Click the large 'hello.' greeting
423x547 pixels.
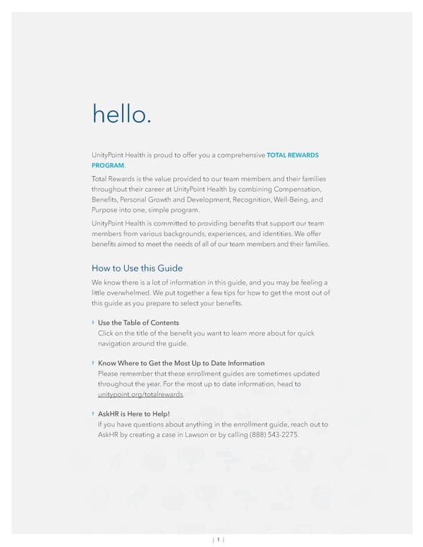121,113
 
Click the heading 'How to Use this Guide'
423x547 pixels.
137,268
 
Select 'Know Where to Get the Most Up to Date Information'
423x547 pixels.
181,363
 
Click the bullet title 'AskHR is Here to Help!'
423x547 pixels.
133,414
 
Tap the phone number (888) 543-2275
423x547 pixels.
271,435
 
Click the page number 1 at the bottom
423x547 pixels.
219,540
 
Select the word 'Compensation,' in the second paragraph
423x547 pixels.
295,190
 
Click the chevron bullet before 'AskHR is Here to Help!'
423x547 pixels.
93,414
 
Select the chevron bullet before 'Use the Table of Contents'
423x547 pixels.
93,323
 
